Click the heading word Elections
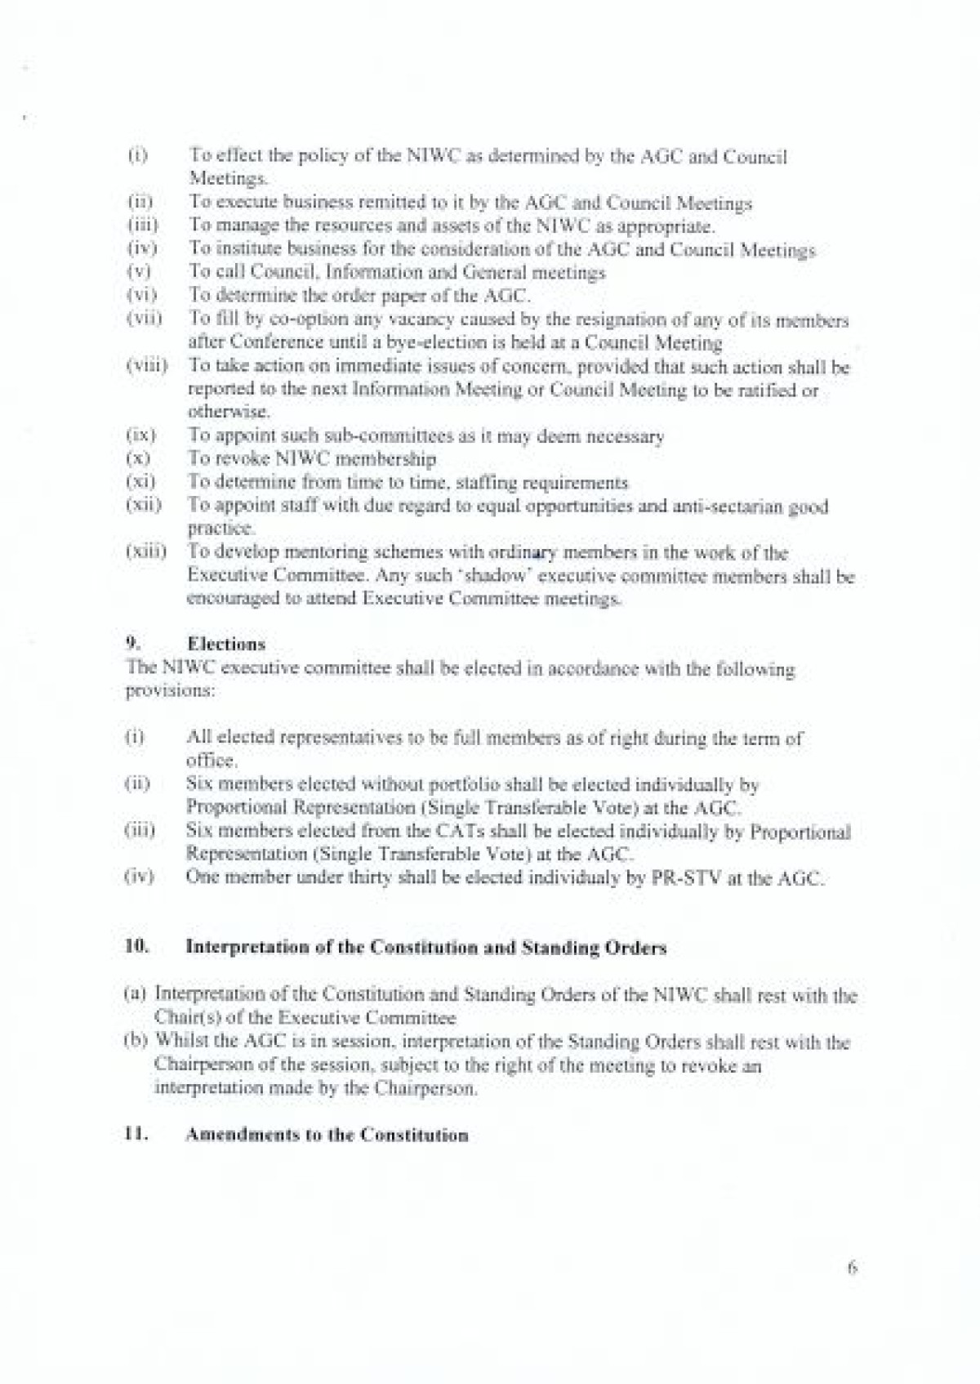pyautogui.click(x=226, y=645)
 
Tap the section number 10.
pyautogui.click(x=136, y=947)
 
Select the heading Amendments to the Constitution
pyautogui.click(x=327, y=1136)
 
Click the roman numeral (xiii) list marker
pyautogui.click(x=145, y=552)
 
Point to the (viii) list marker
pyautogui.click(x=146, y=367)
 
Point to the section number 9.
pyautogui.click(x=130, y=645)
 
